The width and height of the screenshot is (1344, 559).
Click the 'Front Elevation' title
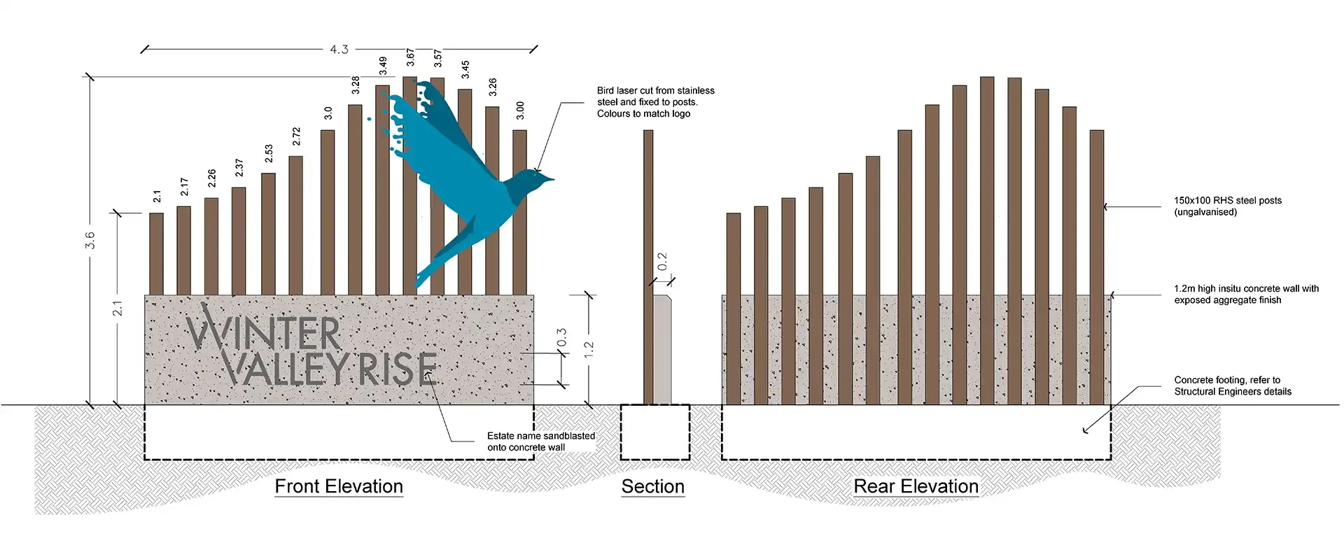tap(339, 486)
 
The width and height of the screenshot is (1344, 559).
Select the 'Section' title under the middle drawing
tap(653, 486)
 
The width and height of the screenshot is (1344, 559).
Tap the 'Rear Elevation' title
tap(916, 486)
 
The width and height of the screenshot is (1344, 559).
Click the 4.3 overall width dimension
tap(339, 49)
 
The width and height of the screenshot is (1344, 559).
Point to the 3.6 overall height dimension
tap(90, 240)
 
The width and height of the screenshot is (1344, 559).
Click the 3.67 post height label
tap(410, 57)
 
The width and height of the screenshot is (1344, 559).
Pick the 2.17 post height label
tap(184, 187)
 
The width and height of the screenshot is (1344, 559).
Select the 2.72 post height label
tap(296, 136)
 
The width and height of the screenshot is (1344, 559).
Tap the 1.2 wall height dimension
tap(589, 349)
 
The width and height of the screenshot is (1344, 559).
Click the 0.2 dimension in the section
tap(662, 262)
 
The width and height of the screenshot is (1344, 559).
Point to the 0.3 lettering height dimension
tap(561, 337)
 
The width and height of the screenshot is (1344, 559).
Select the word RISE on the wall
tap(398, 369)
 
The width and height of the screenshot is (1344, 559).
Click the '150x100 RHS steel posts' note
tap(1228, 206)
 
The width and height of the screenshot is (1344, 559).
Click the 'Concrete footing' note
tap(1233, 385)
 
